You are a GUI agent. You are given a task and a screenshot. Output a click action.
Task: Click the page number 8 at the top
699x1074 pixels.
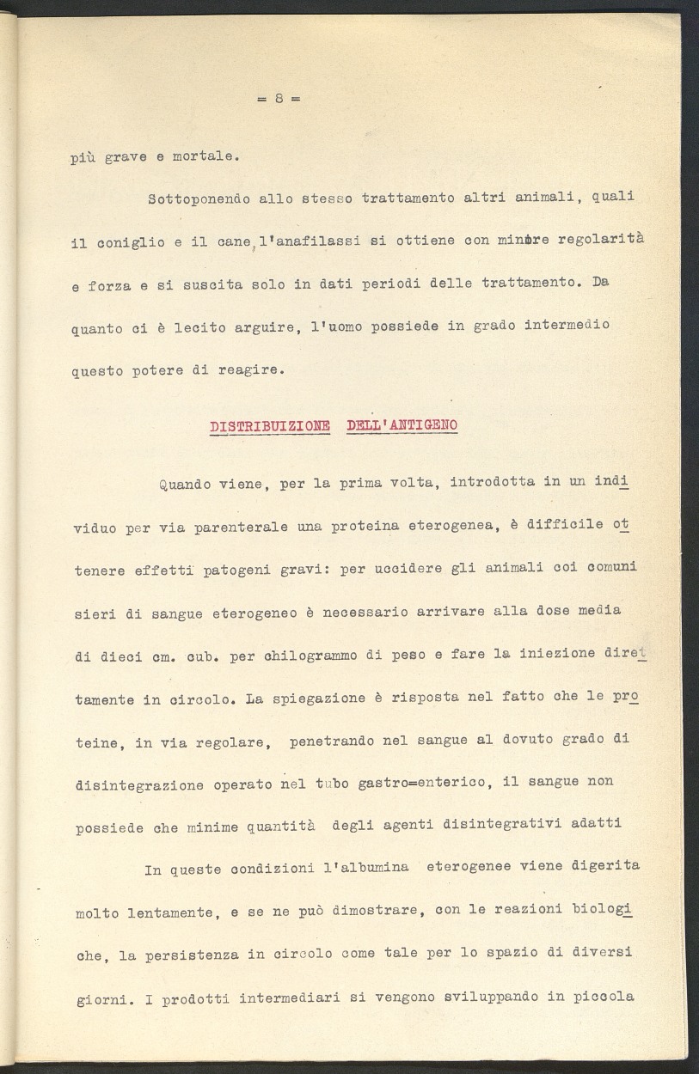[279, 98]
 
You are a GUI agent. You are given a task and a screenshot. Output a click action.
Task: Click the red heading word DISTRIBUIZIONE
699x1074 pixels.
[270, 426]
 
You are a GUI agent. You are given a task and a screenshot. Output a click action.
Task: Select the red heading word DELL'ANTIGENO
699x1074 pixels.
[402, 425]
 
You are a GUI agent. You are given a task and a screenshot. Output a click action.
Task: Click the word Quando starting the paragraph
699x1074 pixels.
[185, 484]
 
